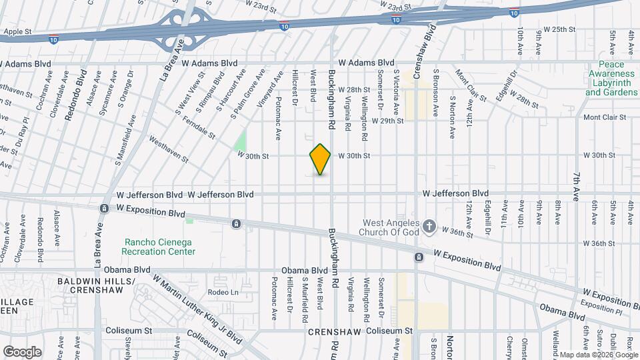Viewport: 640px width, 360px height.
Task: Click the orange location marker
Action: tap(320, 159)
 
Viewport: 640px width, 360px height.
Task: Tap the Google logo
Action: tap(21, 351)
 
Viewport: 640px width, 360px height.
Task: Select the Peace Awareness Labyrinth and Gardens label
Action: tap(611, 79)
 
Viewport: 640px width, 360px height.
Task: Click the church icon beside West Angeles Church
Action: tap(429, 227)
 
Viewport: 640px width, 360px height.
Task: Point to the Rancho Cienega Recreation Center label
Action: tap(159, 247)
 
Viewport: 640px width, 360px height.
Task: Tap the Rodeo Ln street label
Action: tap(223, 292)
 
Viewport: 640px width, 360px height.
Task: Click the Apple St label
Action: tap(18, 31)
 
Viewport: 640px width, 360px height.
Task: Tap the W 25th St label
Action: tap(559, 29)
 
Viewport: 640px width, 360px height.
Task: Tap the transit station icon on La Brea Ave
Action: tap(104, 209)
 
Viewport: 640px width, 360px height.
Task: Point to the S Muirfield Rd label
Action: tap(305, 295)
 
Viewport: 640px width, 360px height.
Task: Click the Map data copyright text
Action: tap(598, 355)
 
